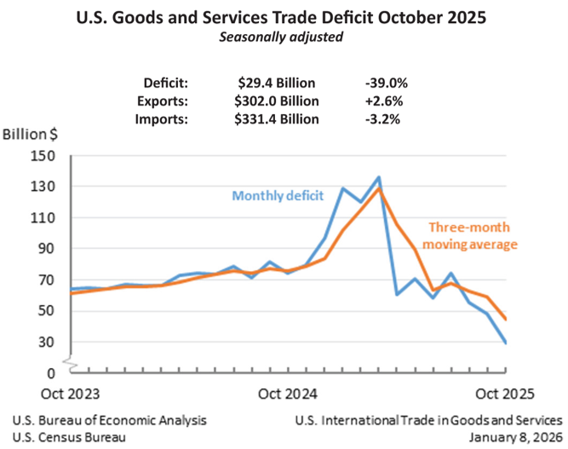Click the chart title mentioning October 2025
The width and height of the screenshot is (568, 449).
click(283, 18)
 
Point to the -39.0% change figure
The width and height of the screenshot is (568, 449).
click(386, 83)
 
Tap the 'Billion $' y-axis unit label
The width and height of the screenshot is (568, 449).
click(30, 135)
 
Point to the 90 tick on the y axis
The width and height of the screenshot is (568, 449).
click(48, 249)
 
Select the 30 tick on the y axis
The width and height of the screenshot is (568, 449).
click(48, 342)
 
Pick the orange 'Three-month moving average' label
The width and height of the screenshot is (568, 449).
click(472, 236)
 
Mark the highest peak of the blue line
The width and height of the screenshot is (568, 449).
click(379, 177)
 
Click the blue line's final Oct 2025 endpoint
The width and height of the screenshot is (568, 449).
click(507, 343)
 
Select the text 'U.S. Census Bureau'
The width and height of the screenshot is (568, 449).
click(70, 436)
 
